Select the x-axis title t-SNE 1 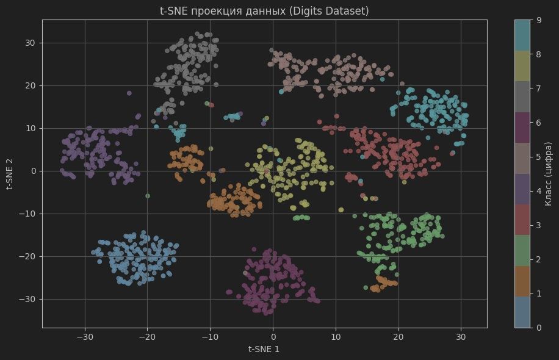click(264, 349)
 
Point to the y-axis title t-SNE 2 click(10, 174)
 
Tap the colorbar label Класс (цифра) click(549, 174)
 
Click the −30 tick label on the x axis click(84, 336)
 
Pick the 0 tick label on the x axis click(273, 336)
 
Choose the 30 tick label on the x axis click(461, 336)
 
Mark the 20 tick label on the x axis click(399, 336)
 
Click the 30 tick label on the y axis click(31, 43)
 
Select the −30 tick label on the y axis click(28, 299)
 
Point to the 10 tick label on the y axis click(31, 128)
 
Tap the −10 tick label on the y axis click(28, 214)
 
